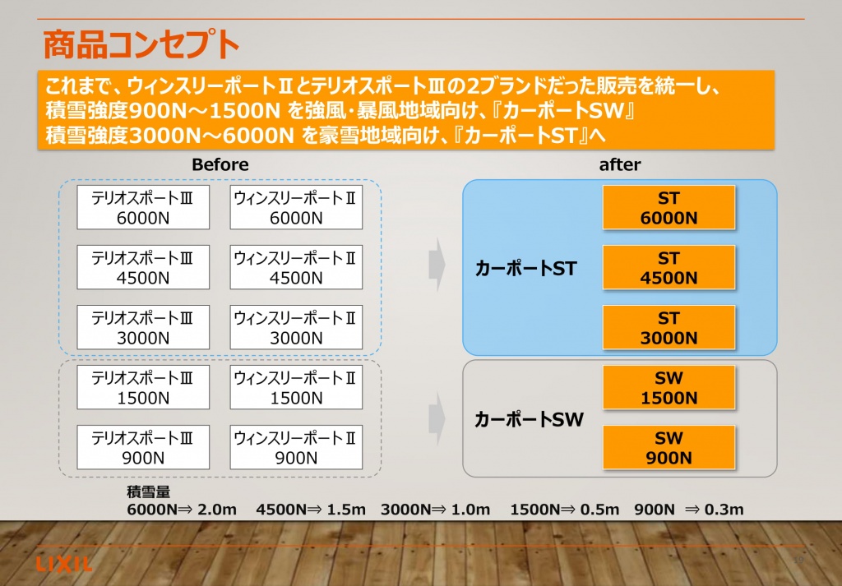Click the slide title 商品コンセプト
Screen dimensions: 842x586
[x=141, y=44]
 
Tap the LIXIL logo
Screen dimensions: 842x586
[x=64, y=564]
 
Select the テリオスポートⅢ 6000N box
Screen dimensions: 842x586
[x=143, y=208]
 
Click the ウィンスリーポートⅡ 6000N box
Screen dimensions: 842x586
[x=296, y=208]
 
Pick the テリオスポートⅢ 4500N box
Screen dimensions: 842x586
[x=143, y=268]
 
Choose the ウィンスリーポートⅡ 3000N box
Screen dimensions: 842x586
[x=296, y=328]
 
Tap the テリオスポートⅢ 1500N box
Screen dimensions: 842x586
[x=143, y=388]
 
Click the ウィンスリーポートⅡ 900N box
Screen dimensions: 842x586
[x=296, y=448]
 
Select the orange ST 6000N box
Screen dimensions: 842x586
[x=669, y=208]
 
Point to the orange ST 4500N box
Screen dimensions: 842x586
[x=669, y=268]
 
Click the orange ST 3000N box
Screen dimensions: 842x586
[x=669, y=328]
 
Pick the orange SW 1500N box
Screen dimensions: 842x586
[x=669, y=388]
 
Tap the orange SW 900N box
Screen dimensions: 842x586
[x=669, y=448]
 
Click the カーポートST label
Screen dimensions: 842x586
[x=525, y=268]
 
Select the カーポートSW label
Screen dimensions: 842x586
[x=529, y=419]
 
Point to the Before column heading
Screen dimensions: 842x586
[x=220, y=164]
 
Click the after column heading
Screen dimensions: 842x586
[x=620, y=164]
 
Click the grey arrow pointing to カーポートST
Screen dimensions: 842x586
[x=437, y=265]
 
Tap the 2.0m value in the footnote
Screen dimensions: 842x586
[x=217, y=510]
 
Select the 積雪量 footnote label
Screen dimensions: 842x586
[x=148, y=492]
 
